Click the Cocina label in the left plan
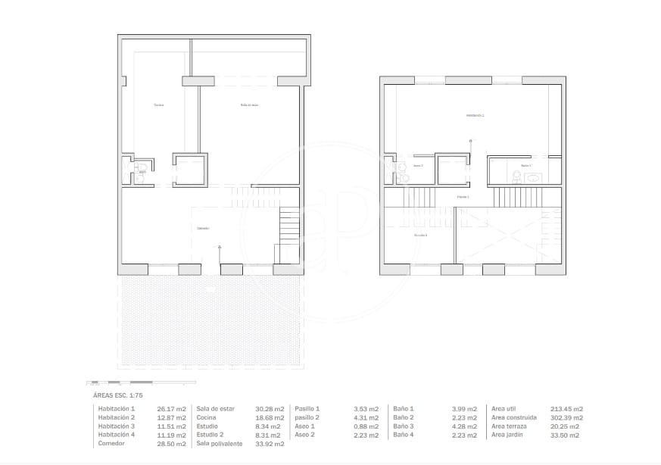158,105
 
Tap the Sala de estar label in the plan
250,105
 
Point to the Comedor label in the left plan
203,228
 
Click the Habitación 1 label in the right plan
475,115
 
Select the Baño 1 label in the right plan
525,165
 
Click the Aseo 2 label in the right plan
418,165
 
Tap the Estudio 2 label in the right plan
420,236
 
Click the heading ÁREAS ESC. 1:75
117,395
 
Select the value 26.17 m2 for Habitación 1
170,409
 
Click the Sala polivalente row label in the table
220,444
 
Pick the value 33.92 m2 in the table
270,444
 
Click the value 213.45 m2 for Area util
567,409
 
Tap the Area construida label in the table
514,417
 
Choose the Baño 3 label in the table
403,426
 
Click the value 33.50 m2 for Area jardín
565,435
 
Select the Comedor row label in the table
111,444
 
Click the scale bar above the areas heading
120,382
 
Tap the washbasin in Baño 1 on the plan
532,178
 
